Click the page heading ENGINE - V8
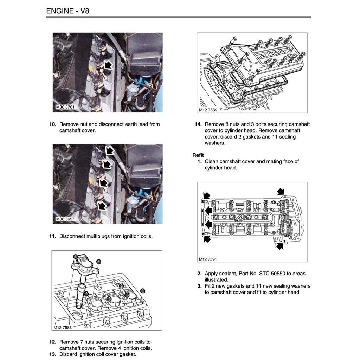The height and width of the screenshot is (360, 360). tap(68, 11)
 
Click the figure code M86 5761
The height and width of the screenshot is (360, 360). tap(65, 107)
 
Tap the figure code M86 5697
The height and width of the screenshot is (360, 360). tap(65, 219)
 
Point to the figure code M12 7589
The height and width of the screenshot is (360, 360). tap(208, 110)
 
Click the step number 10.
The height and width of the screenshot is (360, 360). tap(52, 124)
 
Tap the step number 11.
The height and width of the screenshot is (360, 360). tap(52, 236)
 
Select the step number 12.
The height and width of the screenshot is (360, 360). tap(52, 342)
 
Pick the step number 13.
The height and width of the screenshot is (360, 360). tap(52, 354)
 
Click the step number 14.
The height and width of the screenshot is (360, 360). tap(198, 124)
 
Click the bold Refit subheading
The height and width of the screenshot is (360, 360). tap(198, 155)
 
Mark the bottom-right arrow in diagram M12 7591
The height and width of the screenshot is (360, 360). tap(279, 246)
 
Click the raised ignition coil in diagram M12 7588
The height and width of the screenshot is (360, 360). tap(84, 267)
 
